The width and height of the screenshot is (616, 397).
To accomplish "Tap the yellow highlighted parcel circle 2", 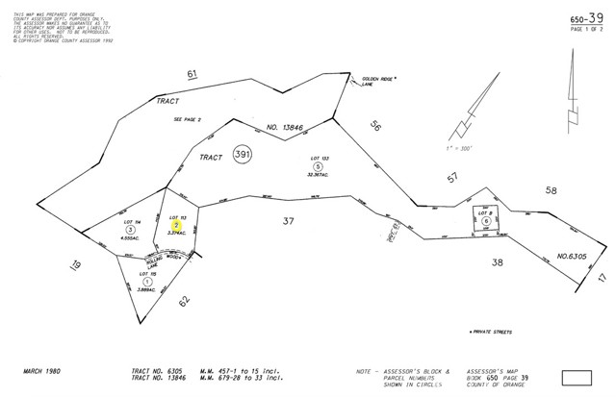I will point(176,225).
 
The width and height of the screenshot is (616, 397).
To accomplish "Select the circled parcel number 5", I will point(317,166).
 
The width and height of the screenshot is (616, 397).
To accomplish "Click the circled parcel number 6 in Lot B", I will point(487,221).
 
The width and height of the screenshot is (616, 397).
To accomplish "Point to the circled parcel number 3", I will point(130,230).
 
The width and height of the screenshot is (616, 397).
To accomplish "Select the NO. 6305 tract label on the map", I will point(573,257).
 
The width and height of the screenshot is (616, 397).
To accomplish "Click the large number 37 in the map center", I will point(288,222).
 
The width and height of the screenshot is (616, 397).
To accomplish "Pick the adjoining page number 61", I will point(192,74).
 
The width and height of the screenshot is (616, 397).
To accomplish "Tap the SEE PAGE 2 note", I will point(187,119).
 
